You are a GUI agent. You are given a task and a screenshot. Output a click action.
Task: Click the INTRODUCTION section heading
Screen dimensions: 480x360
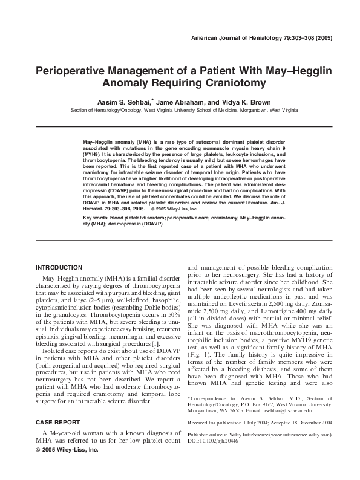(x=59, y=267)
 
